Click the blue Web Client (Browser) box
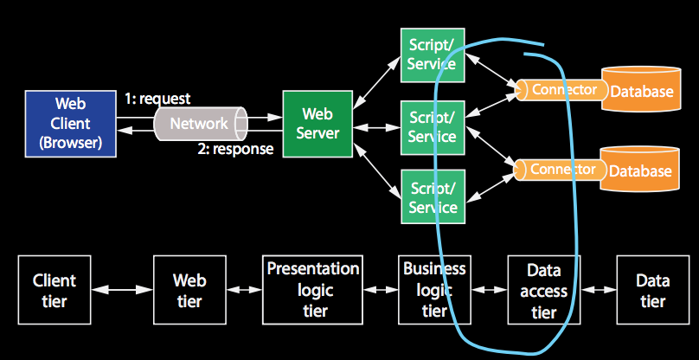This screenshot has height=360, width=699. [70, 124]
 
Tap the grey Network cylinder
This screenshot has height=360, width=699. [201, 124]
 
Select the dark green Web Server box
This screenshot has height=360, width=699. [317, 124]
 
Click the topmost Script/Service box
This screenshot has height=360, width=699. [433, 55]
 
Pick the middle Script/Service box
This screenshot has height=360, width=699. [433, 127]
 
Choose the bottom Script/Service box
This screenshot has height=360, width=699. [433, 196]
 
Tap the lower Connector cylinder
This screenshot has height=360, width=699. [560, 170]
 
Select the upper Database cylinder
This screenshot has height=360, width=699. [641, 88]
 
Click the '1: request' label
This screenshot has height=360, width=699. [157, 99]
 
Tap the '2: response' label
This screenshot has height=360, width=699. [235, 149]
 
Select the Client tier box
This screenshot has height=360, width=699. [55, 290]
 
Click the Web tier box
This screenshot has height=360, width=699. [189, 290]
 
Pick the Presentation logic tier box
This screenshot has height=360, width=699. [312, 290]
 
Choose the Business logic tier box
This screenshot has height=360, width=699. [434, 290]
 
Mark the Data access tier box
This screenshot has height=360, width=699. [544, 290]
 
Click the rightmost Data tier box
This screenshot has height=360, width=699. [652, 290]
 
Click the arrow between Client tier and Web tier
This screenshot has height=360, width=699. [122, 290]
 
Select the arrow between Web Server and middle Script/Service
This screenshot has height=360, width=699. [376, 127]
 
